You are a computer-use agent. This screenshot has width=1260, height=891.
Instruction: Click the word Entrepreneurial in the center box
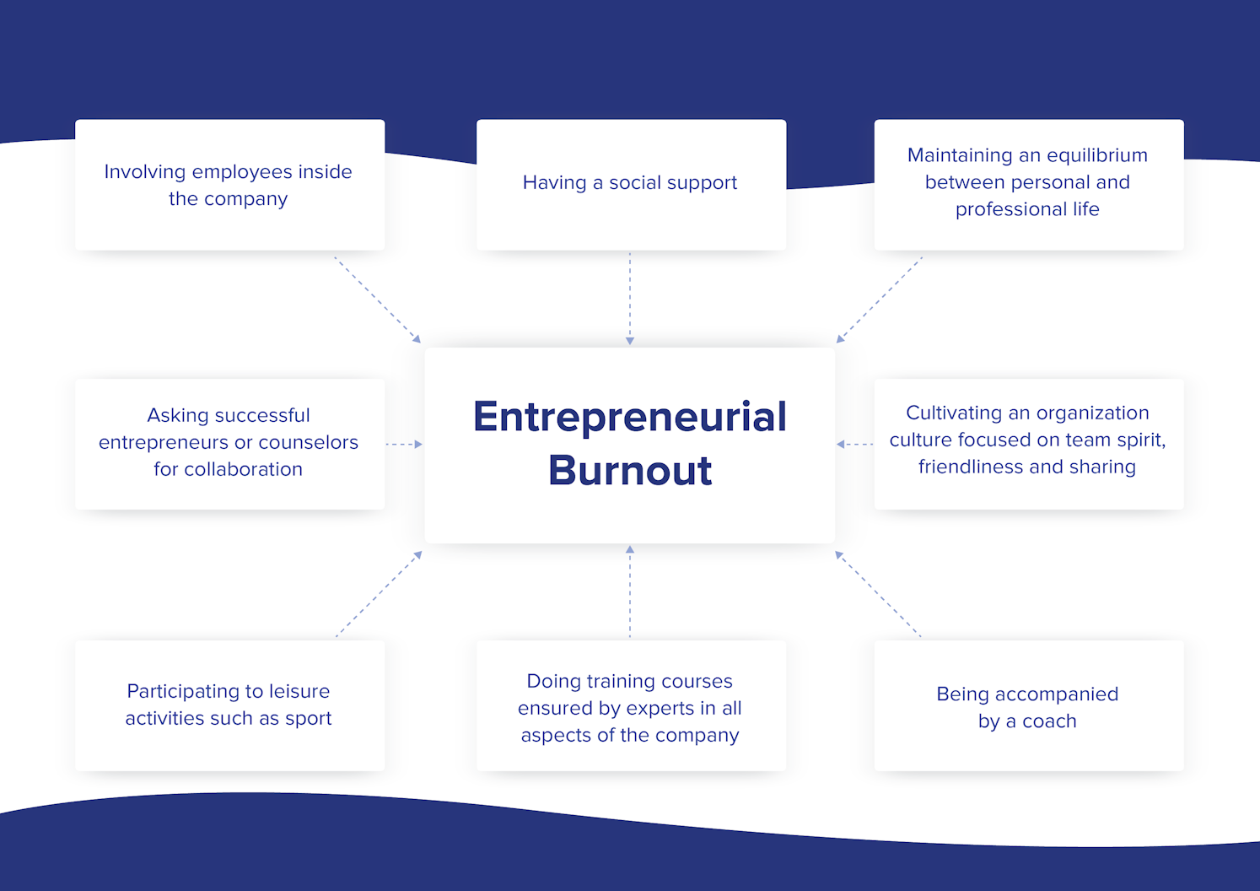click(x=629, y=417)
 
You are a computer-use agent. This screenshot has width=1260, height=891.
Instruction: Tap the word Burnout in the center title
click(x=630, y=471)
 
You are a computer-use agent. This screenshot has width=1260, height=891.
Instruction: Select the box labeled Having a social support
click(x=631, y=184)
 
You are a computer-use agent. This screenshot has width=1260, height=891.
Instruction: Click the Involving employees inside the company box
click(x=229, y=184)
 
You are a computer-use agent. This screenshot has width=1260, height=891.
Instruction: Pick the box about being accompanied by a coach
click(x=1028, y=706)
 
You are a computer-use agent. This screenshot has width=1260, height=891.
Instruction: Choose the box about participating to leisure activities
click(x=229, y=705)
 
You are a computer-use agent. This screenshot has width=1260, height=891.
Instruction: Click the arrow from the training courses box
click(x=630, y=591)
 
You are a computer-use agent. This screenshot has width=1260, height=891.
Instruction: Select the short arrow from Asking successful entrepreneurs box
click(x=404, y=444)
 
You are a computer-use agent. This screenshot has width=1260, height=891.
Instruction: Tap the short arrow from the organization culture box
click(x=854, y=444)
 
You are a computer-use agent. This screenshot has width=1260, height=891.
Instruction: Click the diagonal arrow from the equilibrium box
click(x=880, y=300)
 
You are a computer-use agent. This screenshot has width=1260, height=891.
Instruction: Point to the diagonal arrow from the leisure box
click(x=379, y=594)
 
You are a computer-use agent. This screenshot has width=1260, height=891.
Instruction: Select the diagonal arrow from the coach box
click(x=878, y=594)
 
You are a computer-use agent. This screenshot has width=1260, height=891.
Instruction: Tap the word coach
click(x=1049, y=721)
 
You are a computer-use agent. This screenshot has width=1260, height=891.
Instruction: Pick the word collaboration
click(x=243, y=469)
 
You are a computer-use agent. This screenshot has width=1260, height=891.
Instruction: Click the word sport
click(x=308, y=719)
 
